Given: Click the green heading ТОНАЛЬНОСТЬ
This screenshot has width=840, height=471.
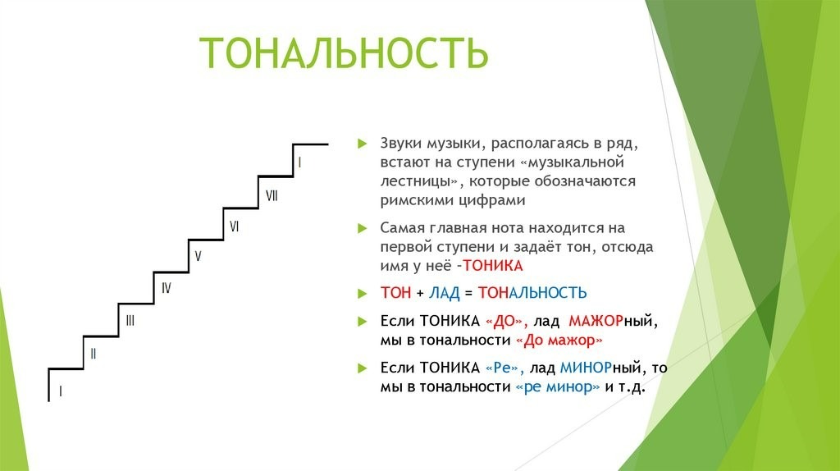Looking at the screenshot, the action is tap(344, 53).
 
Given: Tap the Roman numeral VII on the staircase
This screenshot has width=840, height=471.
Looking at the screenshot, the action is tap(272, 195).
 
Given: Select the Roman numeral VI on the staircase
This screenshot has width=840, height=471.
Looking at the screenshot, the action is tap(234, 226).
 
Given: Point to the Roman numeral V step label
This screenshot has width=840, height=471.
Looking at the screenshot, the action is tap(198, 256).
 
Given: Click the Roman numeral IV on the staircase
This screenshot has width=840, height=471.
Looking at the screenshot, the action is tap(166, 288).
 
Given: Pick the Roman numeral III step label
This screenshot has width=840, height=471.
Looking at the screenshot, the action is tap(130, 321).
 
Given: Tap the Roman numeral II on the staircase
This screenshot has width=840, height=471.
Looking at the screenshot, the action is tap(94, 354).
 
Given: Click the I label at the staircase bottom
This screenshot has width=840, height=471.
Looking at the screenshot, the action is tap(61, 391).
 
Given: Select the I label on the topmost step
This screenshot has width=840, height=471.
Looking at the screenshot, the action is tap(299, 162).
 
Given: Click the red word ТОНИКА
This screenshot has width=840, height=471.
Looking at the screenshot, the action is tap(493, 266).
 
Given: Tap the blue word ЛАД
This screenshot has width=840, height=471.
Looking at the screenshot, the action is tap(444, 293).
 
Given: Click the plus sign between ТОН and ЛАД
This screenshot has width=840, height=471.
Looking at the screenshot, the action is tap(419, 293).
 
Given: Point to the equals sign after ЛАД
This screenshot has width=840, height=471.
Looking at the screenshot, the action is tap(468, 293).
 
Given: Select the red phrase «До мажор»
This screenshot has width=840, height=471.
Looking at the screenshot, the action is tap(559, 341).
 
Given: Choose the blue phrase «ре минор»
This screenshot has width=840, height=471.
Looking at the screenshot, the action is tap(557, 386).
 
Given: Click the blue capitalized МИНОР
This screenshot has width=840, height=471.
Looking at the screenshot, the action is tap(586, 368).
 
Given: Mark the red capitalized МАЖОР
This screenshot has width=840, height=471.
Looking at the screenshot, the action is tap(596, 321).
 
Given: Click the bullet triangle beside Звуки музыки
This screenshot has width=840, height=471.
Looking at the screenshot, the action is tap(363, 144).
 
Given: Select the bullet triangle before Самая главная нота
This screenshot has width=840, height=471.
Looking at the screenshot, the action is tap(363, 228).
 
